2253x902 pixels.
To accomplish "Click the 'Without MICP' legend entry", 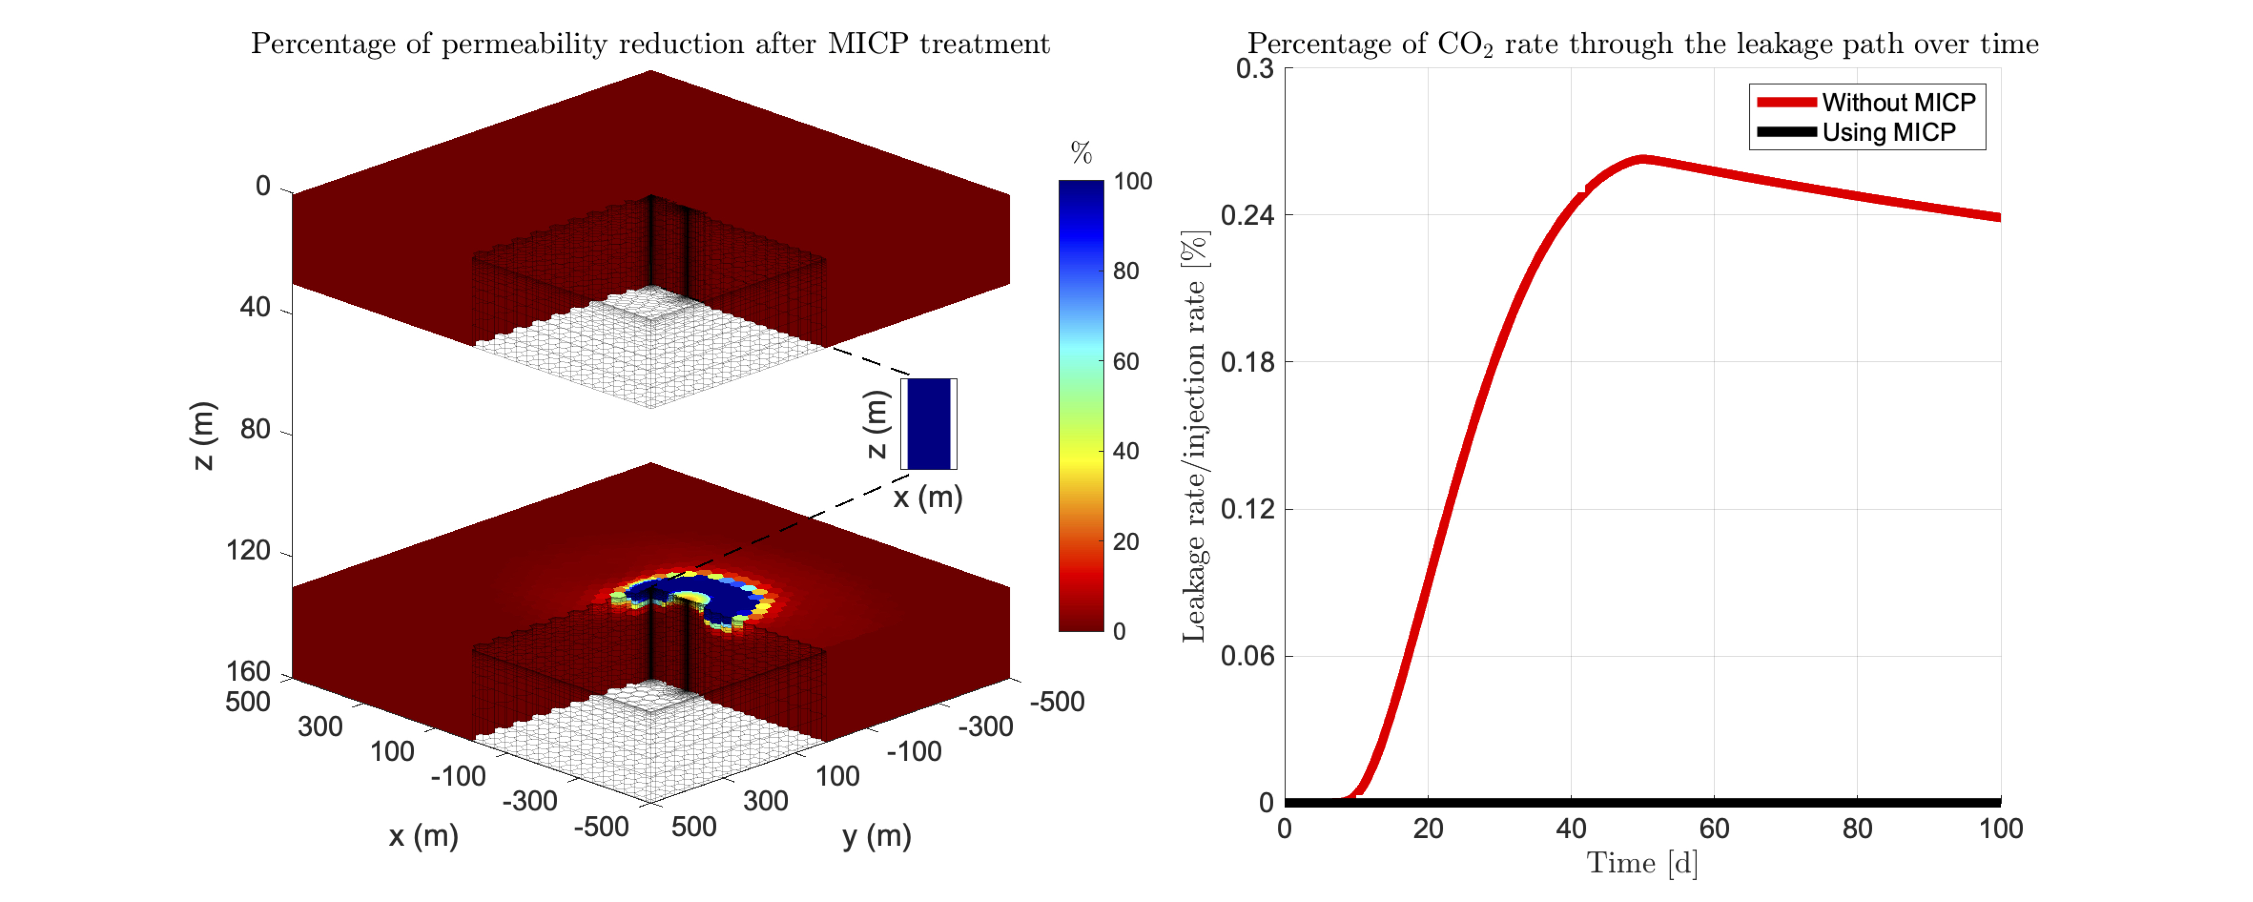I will pyautogui.click(x=1898, y=103).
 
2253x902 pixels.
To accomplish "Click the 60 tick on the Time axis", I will pyautogui.click(x=1714, y=829).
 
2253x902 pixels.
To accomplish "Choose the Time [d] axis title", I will pyautogui.click(x=1642, y=863).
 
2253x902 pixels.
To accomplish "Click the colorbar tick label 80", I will pyautogui.click(x=1126, y=271).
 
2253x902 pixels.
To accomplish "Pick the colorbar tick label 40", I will pyautogui.click(x=1126, y=451).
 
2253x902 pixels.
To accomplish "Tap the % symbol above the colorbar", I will pyautogui.click(x=1081, y=153).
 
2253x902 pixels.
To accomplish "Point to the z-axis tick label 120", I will pyautogui.click(x=248, y=550).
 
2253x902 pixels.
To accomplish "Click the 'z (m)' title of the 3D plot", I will pyautogui.click(x=202, y=435).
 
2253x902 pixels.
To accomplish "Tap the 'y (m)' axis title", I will pyautogui.click(x=876, y=836).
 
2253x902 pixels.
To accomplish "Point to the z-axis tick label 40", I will pyautogui.click(x=256, y=307).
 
